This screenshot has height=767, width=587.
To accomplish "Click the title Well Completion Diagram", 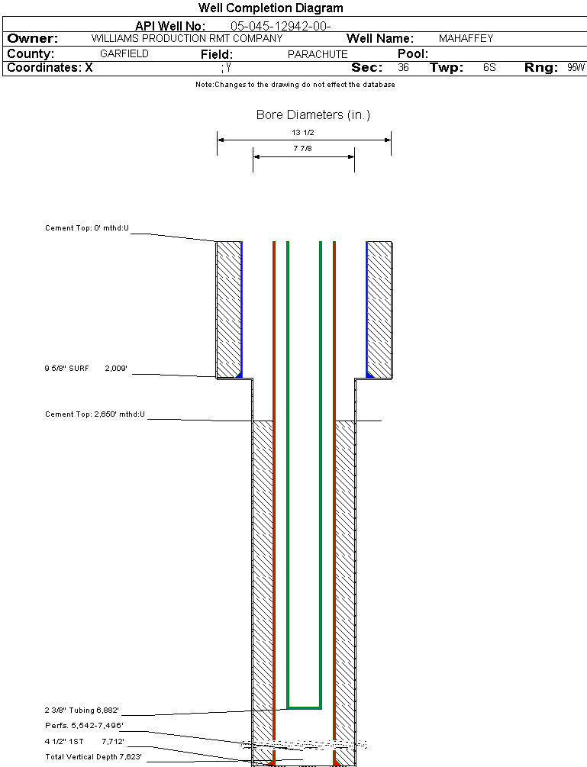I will [x=270, y=8].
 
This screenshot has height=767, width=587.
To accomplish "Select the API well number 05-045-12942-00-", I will [x=280, y=26].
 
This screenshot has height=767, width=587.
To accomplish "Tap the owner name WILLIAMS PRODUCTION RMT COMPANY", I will [x=186, y=38].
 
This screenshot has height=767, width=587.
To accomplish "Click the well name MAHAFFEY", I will [x=466, y=38].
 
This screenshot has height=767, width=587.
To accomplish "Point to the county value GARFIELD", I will [x=124, y=54].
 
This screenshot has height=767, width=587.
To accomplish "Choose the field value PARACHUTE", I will [x=318, y=54].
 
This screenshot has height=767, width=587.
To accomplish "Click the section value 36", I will [x=404, y=68].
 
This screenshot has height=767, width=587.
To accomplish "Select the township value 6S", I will [x=489, y=68].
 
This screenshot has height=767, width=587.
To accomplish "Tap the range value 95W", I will [x=576, y=68].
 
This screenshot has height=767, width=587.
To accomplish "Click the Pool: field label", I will [x=413, y=54].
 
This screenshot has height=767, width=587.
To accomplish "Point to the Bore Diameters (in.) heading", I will [x=313, y=115].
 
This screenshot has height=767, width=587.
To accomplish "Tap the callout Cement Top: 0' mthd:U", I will [x=87, y=228].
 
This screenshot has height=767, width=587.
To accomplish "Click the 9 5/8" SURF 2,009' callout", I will [x=85, y=368].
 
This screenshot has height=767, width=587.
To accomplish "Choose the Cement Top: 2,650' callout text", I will [x=95, y=414].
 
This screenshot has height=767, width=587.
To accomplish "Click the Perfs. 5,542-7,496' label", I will [x=84, y=725].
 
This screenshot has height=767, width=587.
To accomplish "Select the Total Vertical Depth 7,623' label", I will [x=93, y=756].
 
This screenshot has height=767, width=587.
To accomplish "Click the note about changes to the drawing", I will [x=295, y=85].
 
